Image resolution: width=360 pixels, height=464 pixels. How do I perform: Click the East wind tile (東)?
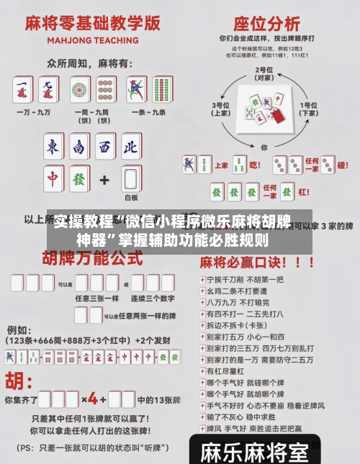[53, 147]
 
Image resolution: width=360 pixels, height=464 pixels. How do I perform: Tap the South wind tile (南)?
[78, 147]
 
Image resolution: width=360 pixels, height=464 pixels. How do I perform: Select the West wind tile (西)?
[105, 147]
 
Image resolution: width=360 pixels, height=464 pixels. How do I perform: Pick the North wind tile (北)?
[131, 147]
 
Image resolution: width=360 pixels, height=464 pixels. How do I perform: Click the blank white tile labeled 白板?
[131, 179]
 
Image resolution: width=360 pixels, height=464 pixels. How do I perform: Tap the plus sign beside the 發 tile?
[104, 179]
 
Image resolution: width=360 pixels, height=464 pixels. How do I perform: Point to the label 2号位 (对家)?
[265, 74]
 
